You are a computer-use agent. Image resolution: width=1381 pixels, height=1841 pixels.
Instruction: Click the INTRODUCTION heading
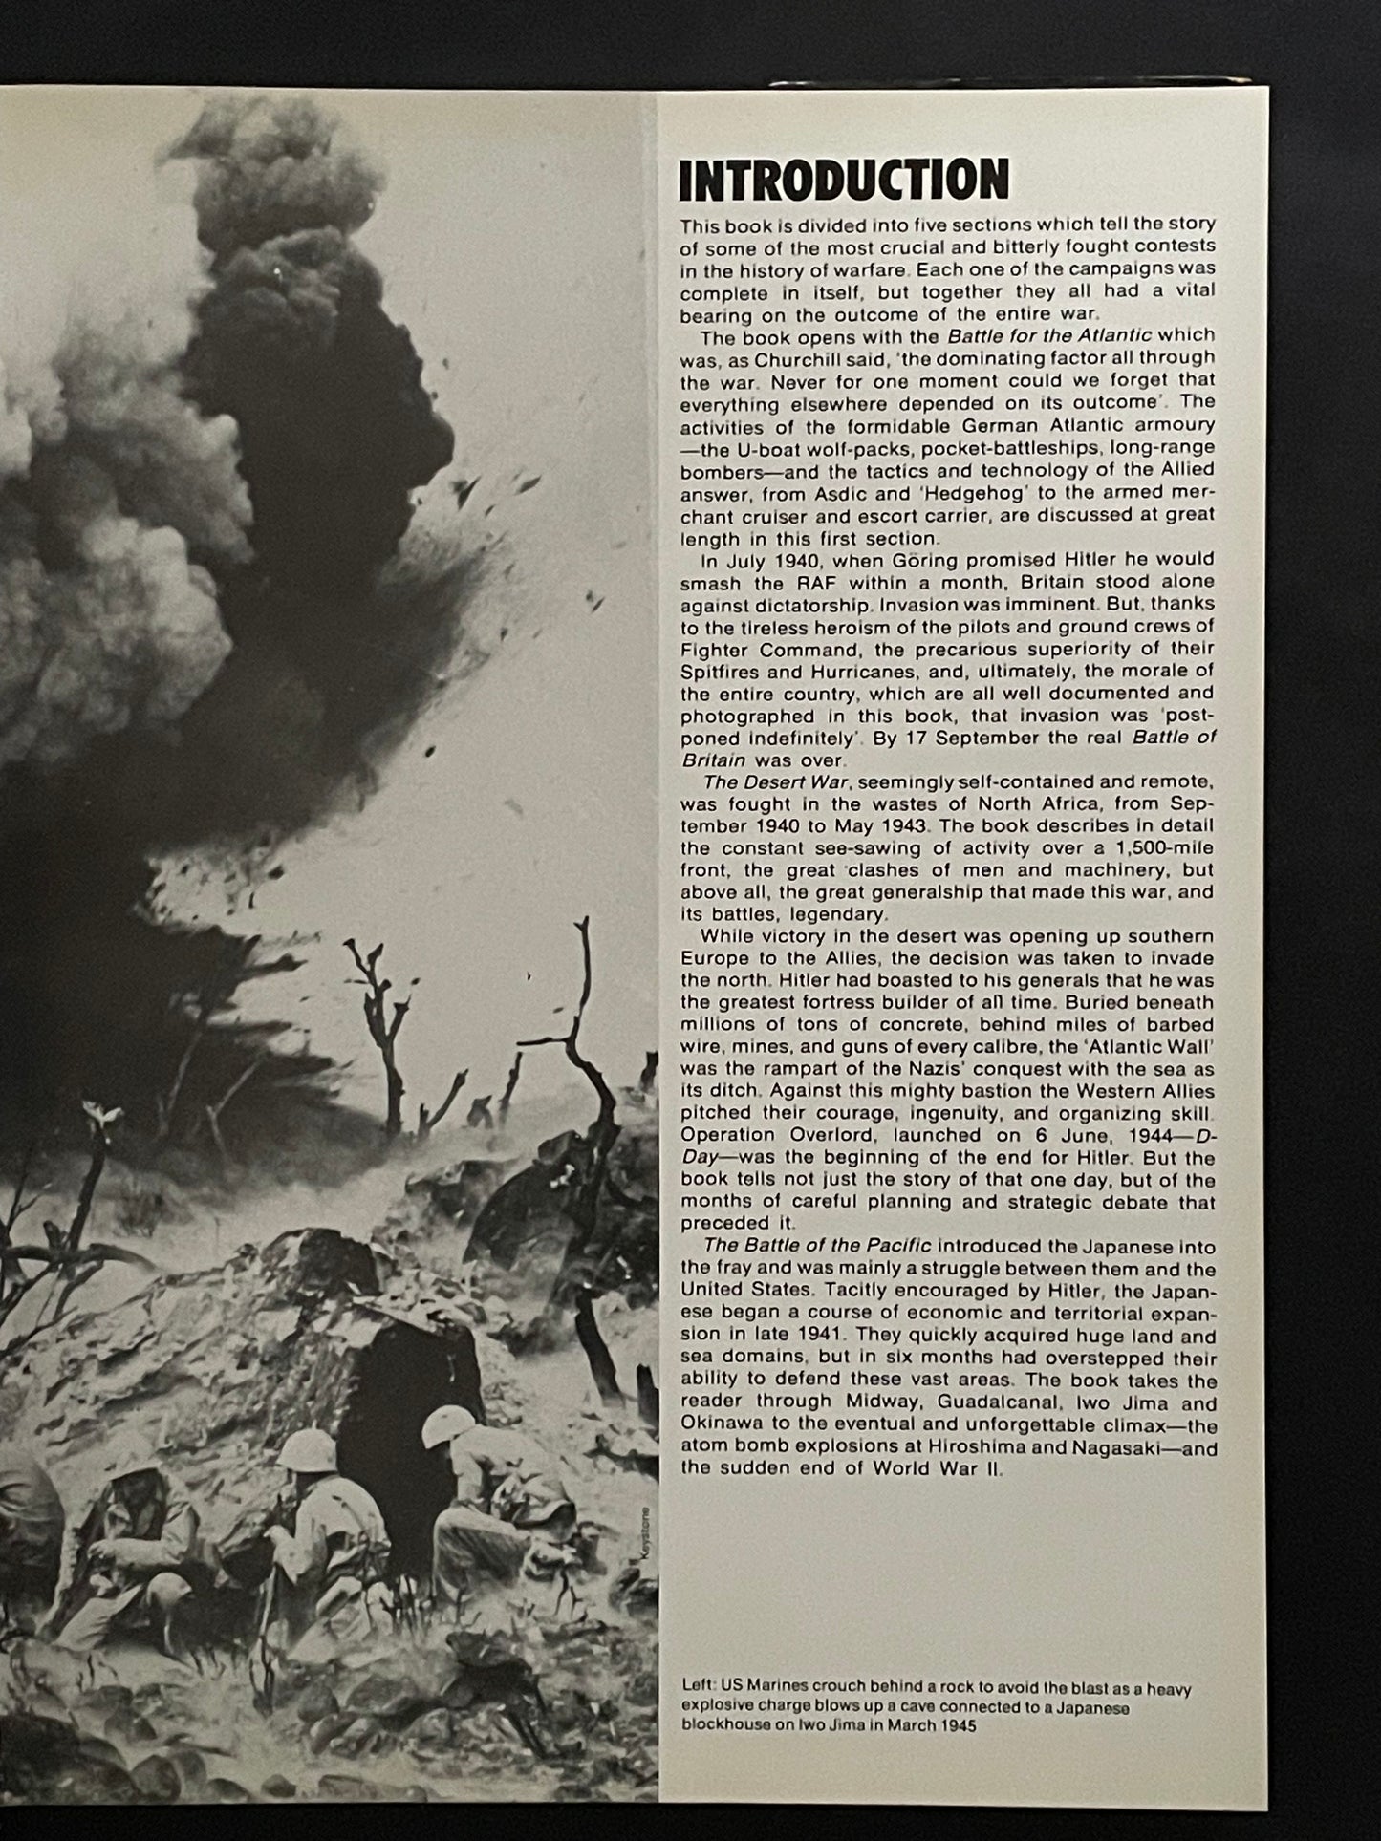tap(843, 182)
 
